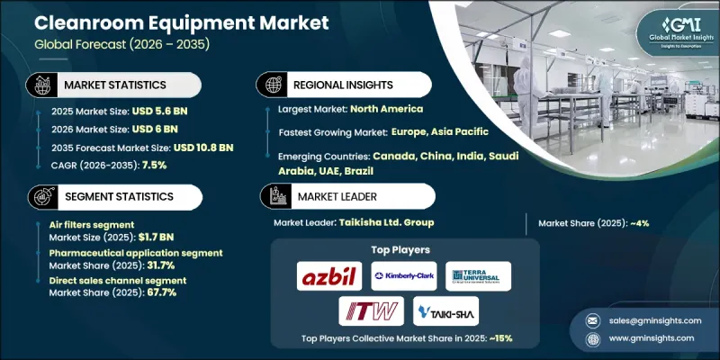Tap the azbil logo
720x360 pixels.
329,275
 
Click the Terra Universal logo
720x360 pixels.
479,275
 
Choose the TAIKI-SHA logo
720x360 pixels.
445,311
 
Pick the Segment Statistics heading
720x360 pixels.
118,196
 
